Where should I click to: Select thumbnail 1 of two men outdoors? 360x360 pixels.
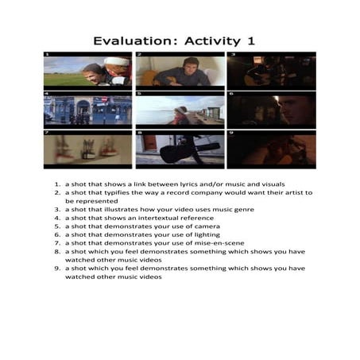click(x=87, y=70)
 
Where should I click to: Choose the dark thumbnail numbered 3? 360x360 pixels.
click(x=271, y=70)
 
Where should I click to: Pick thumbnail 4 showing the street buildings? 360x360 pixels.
click(x=87, y=110)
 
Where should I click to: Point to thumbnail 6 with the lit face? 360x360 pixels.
click(x=271, y=110)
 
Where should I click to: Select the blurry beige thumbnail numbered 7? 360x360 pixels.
click(x=87, y=149)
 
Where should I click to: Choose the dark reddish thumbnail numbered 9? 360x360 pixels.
click(x=271, y=149)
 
